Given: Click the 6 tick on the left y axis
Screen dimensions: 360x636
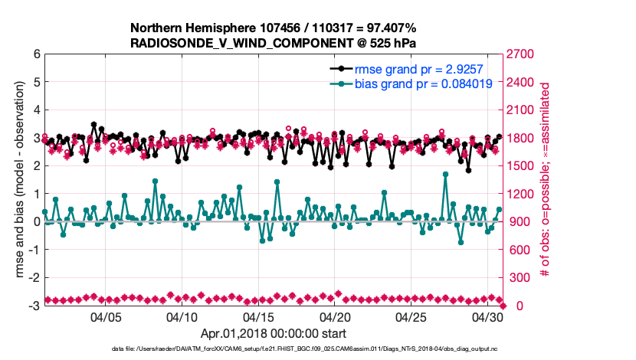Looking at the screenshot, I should pos(36,54).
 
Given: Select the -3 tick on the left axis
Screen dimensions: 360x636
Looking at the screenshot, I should pos(34,306).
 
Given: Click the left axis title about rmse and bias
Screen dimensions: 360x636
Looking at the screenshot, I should pos(15,180).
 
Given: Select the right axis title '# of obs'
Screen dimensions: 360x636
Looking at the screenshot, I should pos(549,180).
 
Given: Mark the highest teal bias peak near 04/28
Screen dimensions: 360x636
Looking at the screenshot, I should pos(446,175).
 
